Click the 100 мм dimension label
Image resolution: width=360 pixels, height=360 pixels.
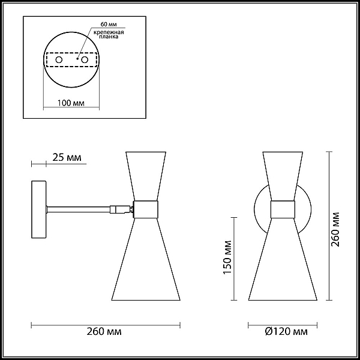pyautogui.click(x=71, y=103)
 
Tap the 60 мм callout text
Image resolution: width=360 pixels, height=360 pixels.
pyautogui.click(x=109, y=25)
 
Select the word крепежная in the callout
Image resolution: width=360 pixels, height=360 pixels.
pyautogui.click(x=109, y=32)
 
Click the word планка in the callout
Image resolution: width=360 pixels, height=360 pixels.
pyautogui.click(x=109, y=37)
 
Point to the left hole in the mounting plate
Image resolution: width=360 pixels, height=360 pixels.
pyautogui.click(x=59, y=60)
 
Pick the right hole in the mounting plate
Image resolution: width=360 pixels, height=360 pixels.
pyautogui.click(x=85, y=60)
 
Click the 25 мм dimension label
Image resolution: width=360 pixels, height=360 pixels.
pyautogui.click(x=67, y=157)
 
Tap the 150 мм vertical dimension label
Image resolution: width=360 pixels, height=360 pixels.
pyautogui.click(x=227, y=257)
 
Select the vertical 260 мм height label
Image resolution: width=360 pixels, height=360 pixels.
pyautogui.click(x=335, y=229)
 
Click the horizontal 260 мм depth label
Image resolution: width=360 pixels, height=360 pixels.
pyautogui.click(x=104, y=332)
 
